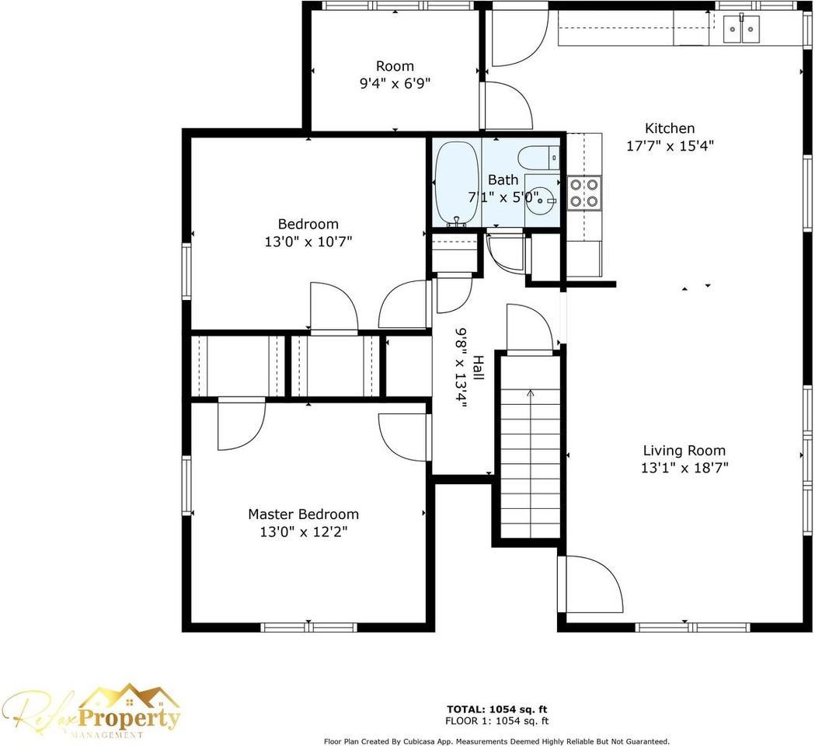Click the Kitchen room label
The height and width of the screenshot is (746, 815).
point(670,128)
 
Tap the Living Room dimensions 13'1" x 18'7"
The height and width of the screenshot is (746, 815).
point(684,468)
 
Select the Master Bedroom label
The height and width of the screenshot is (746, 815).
point(303,514)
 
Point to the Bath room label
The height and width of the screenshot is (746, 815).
point(503,180)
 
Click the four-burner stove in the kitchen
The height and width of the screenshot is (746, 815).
point(584,193)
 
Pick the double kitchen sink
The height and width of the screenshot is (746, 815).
point(741,29)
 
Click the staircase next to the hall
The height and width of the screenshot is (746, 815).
point(530,446)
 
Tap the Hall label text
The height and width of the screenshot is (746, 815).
point(478,367)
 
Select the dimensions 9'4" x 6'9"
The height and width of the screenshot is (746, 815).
point(395,83)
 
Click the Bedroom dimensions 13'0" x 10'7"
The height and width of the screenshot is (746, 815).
point(308,242)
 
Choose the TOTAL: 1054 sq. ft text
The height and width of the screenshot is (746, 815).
point(497,709)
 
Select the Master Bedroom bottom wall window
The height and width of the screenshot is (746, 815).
point(308,627)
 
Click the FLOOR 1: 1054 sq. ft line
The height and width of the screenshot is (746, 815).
point(497,721)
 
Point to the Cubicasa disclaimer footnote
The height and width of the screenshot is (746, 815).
point(496,741)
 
